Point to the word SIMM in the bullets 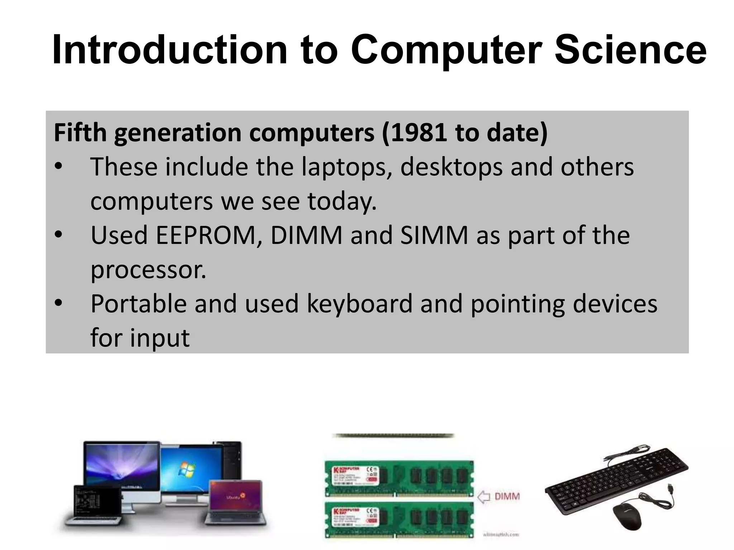pyautogui.click(x=434, y=235)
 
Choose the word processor pyautogui.click(x=148, y=269)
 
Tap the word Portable pyautogui.click(x=138, y=304)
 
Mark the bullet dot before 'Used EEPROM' pyautogui.click(x=58, y=235)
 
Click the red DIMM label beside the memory pyautogui.click(x=507, y=497)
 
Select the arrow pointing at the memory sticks pyautogui.click(x=483, y=497)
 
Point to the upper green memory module pyautogui.click(x=399, y=478)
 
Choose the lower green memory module pyautogui.click(x=399, y=519)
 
